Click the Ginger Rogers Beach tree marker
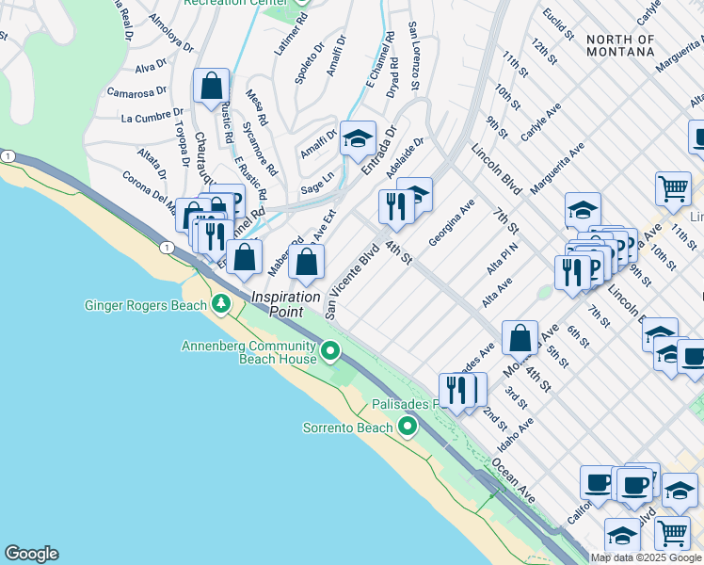click(221, 304)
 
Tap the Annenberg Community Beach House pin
click(329, 352)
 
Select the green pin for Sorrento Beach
click(408, 428)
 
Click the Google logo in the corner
click(31, 554)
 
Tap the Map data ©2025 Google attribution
click(646, 557)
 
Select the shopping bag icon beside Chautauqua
click(212, 87)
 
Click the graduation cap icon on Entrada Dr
click(358, 139)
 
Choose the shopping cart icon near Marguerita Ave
click(673, 189)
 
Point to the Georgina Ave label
click(451, 223)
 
